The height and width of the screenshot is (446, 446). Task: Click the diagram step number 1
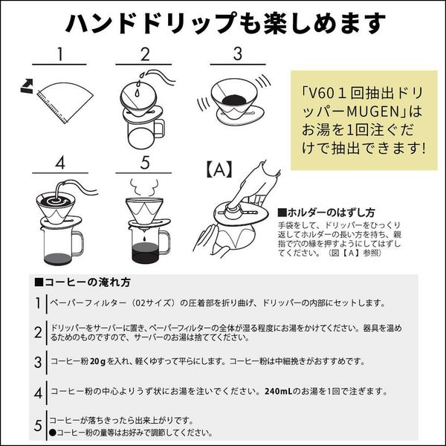point(59,54)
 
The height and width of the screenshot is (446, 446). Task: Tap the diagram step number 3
point(238,54)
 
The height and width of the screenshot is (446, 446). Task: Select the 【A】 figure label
point(219,169)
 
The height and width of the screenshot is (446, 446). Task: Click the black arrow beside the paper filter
point(28,86)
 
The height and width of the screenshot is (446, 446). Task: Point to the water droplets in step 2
point(140,83)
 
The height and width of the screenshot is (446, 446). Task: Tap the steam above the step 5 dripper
point(143,187)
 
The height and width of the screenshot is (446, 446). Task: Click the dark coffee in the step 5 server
point(145,253)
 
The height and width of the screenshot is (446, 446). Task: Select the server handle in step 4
point(78,242)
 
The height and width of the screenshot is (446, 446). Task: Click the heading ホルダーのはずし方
point(326,213)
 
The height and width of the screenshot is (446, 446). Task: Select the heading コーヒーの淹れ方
point(83,282)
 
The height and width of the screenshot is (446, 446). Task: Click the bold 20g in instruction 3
point(97,361)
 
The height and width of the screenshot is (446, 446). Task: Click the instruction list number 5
point(38,425)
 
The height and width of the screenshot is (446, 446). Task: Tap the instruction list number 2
point(38,332)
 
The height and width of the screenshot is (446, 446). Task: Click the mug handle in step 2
point(160,129)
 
